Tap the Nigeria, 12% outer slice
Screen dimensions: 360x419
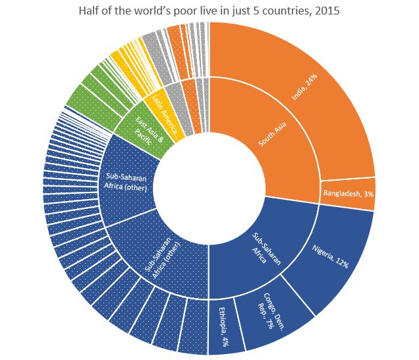(333, 254)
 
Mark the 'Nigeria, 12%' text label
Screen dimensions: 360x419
(330, 253)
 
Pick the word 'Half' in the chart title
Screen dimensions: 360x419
(89, 12)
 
